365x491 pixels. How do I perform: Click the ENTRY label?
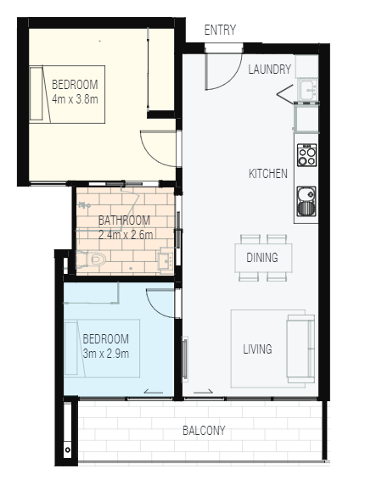(220, 30)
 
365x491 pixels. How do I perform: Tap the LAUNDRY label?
(270, 70)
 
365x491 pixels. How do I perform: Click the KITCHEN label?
(268, 174)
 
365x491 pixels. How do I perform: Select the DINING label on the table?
(262, 258)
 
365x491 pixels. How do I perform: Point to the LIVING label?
(257, 349)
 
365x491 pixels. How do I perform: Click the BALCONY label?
(204, 430)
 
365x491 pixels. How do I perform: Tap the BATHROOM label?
(124, 220)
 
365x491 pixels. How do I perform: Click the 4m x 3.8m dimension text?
(75, 99)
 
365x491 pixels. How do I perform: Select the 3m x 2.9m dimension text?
(106, 354)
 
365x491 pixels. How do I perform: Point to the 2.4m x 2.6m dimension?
(126, 235)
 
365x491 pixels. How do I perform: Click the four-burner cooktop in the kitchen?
(306, 155)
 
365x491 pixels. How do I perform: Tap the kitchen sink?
(306, 202)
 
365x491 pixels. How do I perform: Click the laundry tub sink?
(308, 90)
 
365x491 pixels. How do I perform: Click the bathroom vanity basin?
(166, 260)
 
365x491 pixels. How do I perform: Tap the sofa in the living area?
(300, 349)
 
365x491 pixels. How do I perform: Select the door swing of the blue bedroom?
(156, 309)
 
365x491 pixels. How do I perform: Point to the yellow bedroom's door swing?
(150, 156)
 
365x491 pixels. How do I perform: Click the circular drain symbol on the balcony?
(67, 450)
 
